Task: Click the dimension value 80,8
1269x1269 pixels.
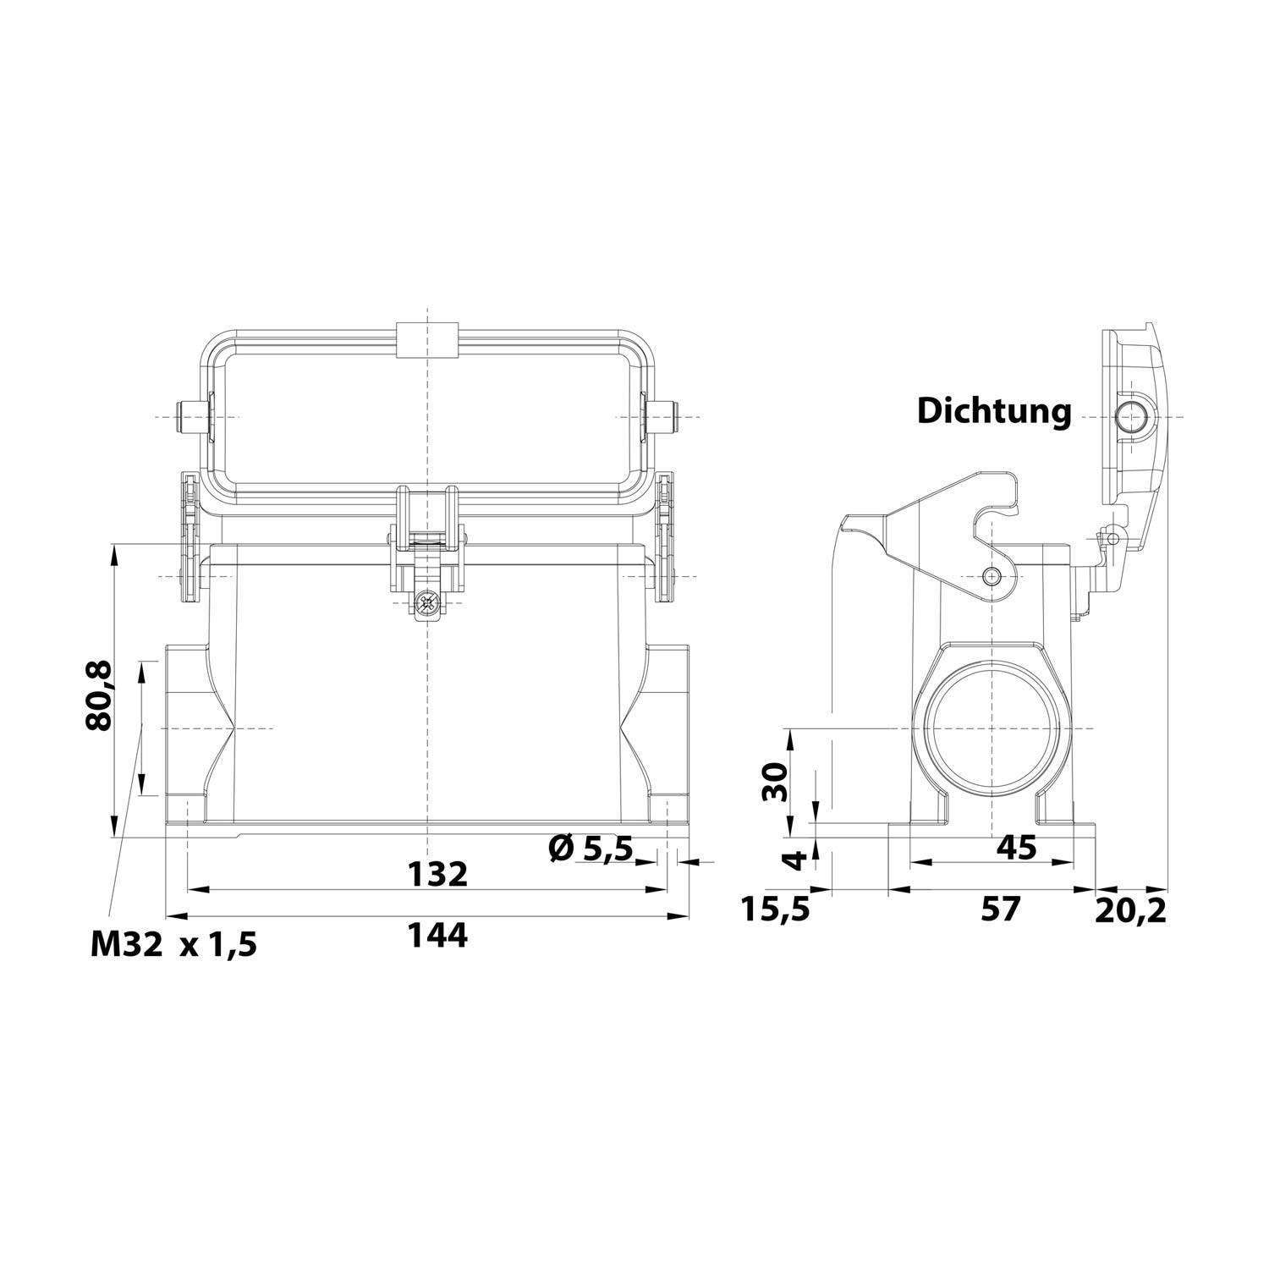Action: (x=99, y=695)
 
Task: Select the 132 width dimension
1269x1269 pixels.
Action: (x=437, y=874)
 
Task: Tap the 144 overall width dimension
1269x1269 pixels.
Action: (x=437, y=935)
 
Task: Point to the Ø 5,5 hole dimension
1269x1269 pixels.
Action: (x=591, y=848)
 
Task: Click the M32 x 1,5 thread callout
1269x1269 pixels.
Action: (x=173, y=944)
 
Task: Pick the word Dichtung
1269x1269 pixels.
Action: (x=994, y=412)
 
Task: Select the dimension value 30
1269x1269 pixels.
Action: (x=775, y=781)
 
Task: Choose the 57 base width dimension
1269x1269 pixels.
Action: (x=1000, y=909)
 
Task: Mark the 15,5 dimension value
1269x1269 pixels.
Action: (x=776, y=909)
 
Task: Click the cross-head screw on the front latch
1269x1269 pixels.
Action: (x=429, y=604)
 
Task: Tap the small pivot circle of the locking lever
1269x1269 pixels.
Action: (x=992, y=576)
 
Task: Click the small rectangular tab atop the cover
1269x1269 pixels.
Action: (x=427, y=338)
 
